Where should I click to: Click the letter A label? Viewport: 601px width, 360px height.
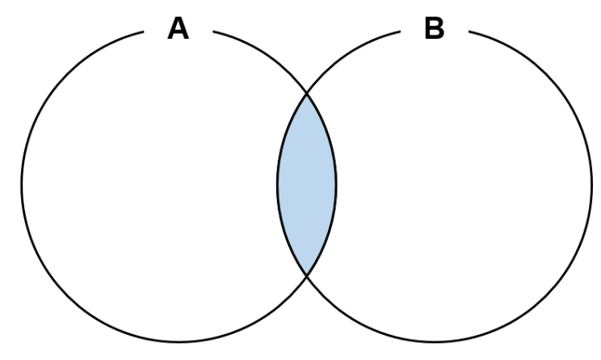point(178,29)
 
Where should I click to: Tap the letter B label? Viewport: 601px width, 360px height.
point(435,29)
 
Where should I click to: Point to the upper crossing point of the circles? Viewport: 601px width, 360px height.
point(307,94)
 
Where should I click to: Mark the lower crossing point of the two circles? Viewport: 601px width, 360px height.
point(307,274)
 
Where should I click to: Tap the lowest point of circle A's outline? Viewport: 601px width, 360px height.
point(179,341)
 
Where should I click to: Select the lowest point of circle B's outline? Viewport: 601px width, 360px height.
point(435,341)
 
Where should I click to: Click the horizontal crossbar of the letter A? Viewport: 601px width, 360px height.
point(178,33)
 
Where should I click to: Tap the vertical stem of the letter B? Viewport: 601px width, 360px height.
point(427,29)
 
